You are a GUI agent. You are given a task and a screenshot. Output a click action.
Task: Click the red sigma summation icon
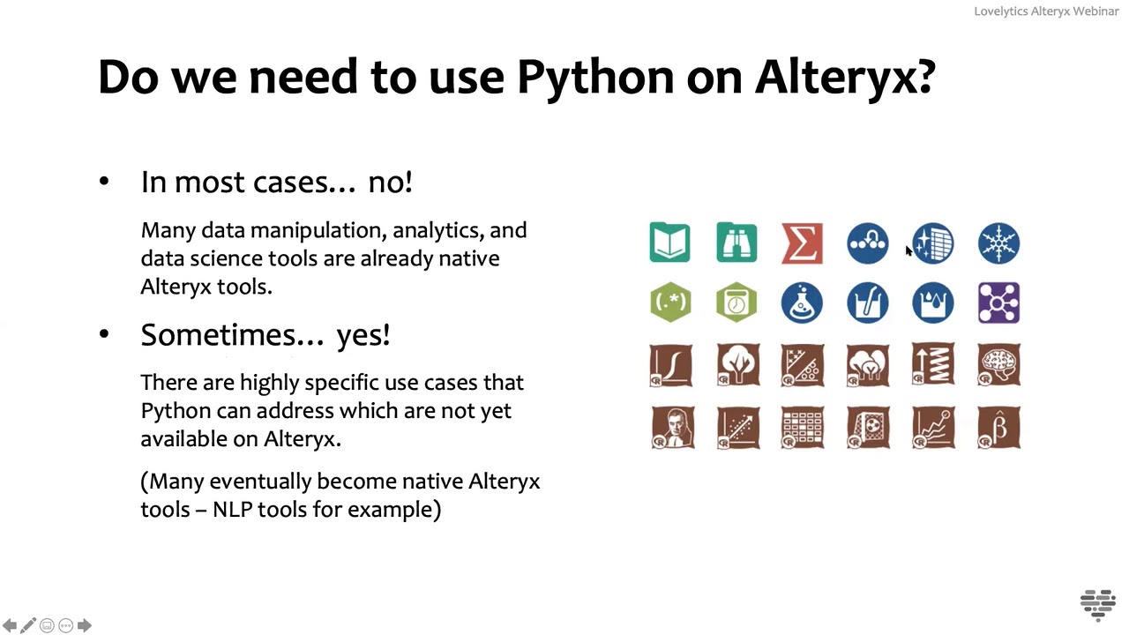(802, 243)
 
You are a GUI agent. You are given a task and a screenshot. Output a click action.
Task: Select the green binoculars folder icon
(736, 243)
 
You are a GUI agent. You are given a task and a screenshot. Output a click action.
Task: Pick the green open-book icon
(669, 243)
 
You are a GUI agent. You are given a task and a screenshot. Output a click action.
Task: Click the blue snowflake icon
(998, 243)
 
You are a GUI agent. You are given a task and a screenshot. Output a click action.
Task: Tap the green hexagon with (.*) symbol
(670, 303)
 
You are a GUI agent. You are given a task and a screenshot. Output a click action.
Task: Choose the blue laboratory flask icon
(802, 303)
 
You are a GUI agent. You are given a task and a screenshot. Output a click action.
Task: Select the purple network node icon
(998, 303)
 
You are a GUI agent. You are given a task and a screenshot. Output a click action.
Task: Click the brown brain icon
(998, 365)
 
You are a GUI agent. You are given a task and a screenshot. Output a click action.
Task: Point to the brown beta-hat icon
(998, 428)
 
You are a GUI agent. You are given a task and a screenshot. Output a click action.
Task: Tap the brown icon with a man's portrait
(672, 428)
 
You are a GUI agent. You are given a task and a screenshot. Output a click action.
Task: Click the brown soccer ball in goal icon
(868, 428)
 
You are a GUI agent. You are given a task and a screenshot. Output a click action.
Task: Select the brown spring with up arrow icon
(933, 365)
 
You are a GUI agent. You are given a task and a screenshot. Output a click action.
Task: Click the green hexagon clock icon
(736, 303)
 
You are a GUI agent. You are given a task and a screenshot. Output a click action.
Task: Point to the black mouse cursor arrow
(908, 251)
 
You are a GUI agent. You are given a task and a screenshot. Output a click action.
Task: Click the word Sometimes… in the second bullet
(232, 335)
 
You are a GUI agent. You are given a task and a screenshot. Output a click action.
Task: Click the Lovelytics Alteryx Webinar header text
(1046, 11)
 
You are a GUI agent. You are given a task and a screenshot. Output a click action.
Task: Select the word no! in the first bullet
(390, 182)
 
